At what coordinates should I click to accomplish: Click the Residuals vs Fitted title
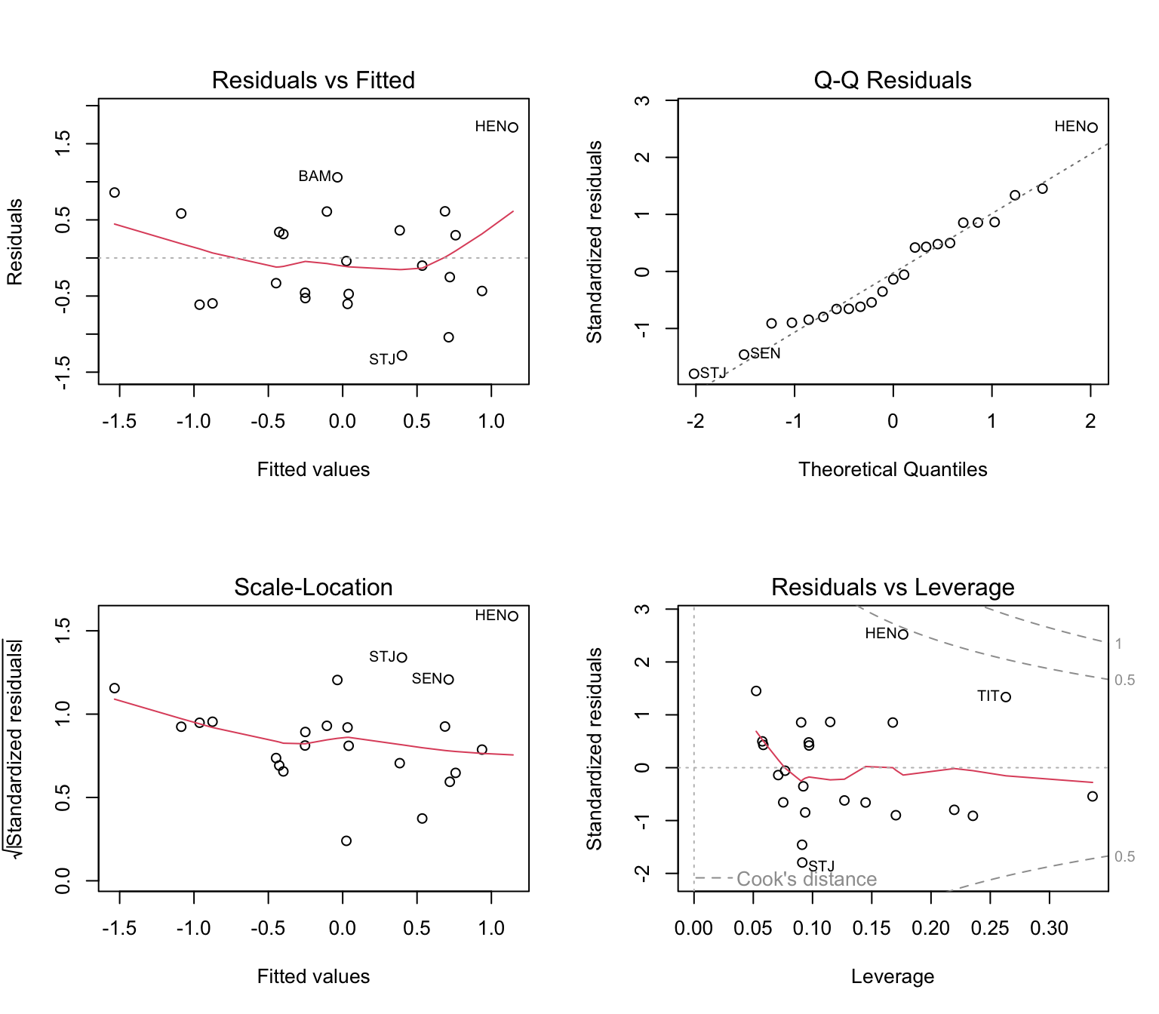point(313,80)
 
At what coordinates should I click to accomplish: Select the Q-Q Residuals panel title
point(893,80)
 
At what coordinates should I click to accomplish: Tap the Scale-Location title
point(313,587)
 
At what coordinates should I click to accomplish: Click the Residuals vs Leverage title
point(893,587)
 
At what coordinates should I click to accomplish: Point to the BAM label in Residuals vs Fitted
point(315,177)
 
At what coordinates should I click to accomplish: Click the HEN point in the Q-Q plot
point(1093,128)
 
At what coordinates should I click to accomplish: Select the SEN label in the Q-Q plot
point(765,354)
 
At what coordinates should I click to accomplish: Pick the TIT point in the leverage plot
point(1006,697)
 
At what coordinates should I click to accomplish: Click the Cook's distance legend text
point(806,879)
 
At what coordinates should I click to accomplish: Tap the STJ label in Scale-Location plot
point(383,657)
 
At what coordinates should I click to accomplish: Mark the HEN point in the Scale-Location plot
point(513,616)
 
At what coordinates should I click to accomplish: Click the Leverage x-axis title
point(893,976)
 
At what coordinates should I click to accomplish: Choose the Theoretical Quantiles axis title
point(893,469)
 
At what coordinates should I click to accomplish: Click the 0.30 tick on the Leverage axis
point(1049,928)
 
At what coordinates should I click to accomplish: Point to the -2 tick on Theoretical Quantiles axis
point(695,421)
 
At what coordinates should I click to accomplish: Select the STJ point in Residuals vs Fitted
point(402,355)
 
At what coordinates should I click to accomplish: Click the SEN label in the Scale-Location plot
point(427,679)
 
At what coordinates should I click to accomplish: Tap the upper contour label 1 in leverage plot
point(1119,644)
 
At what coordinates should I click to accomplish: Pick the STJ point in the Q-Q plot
point(694,373)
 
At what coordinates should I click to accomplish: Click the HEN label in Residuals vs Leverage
point(881,634)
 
